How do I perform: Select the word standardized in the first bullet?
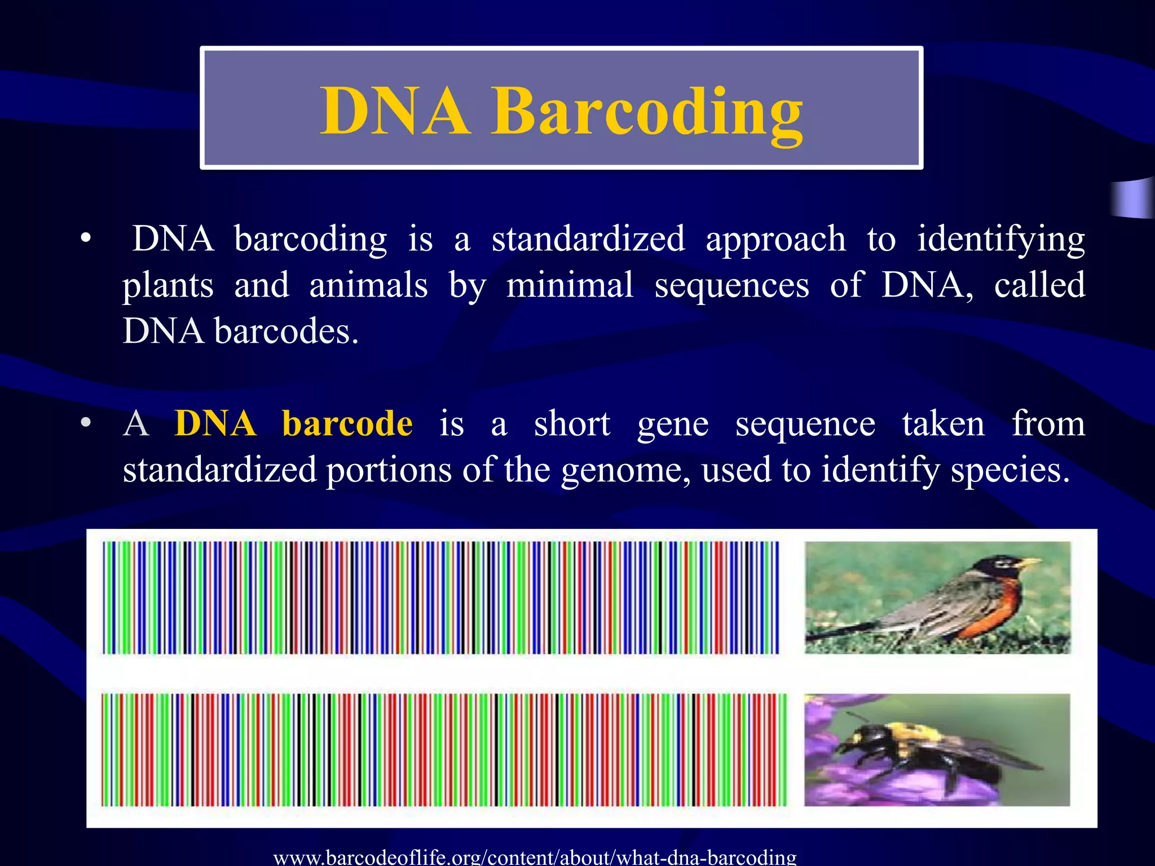[588, 239]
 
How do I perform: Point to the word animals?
[368, 285]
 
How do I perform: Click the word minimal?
[570, 285]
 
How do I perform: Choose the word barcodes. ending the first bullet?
[286, 331]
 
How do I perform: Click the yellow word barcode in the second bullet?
[347, 423]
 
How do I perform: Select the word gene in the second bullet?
[672, 425]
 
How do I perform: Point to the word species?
[1009, 471]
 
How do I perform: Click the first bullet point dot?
[85, 239]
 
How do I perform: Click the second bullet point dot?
[85, 423]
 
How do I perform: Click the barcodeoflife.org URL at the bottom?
[535, 857]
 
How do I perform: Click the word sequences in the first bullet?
[731, 285]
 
